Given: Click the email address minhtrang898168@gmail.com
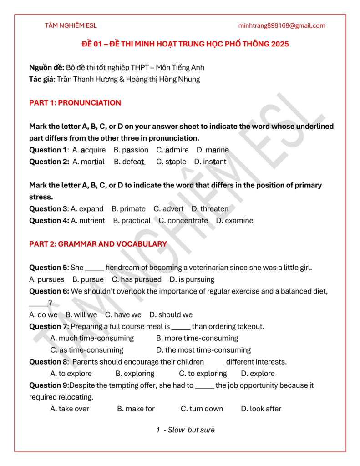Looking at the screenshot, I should (282, 25).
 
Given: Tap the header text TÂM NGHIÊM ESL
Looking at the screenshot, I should (71, 25).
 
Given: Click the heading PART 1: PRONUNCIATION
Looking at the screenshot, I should (75, 103).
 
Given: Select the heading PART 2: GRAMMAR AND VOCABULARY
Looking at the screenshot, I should (98, 244).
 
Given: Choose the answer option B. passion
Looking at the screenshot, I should (131, 150).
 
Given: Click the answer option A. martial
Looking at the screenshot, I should (88, 162).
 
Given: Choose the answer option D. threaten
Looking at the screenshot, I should (210, 209).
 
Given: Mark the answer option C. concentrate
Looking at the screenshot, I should (183, 221).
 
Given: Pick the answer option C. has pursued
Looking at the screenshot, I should (137, 279).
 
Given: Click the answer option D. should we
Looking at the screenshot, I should (171, 315).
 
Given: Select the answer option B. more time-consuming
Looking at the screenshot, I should (197, 338).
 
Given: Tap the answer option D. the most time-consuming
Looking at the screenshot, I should (203, 350).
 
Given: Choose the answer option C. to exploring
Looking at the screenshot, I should (203, 374).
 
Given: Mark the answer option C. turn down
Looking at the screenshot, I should (202, 409).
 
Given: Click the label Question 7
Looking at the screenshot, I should (48, 327).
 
